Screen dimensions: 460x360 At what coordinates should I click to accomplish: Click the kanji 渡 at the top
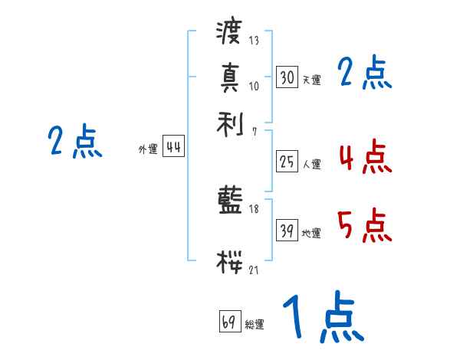coord(229,33)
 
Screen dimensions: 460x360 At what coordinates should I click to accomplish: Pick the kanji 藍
coord(229,201)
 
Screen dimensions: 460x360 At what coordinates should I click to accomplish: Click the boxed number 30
coord(287,77)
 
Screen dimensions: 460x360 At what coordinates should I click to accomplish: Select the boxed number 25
coord(287,162)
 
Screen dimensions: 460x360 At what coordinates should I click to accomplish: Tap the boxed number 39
coord(287,231)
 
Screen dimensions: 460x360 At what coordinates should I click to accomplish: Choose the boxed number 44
coord(173,148)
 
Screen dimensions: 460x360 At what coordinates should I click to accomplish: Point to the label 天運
coord(311,80)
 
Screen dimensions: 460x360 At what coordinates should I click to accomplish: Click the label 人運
coord(311,164)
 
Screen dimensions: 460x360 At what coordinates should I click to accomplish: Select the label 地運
coord(311,234)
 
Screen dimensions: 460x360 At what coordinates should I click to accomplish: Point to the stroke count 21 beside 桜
coord(254,270)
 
